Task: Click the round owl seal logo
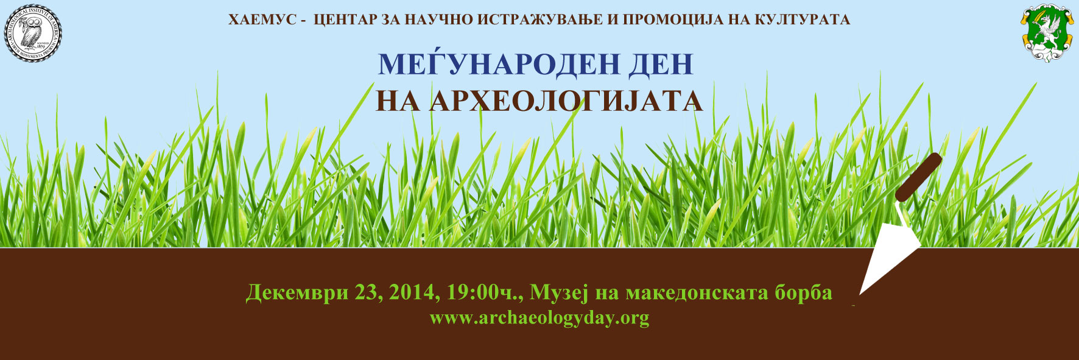click(x=33, y=32)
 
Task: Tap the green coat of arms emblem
click(x=1046, y=32)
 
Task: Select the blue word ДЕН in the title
click(x=663, y=64)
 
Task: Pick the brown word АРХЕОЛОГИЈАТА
click(x=566, y=101)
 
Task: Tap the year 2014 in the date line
click(x=411, y=293)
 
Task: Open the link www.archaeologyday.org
click(x=539, y=318)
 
